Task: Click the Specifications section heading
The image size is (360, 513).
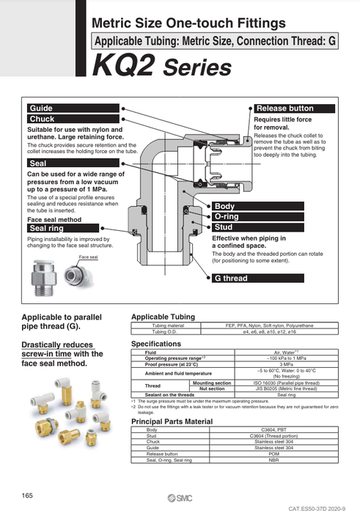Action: point(155,343)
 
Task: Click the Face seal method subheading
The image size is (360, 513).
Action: point(54,219)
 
